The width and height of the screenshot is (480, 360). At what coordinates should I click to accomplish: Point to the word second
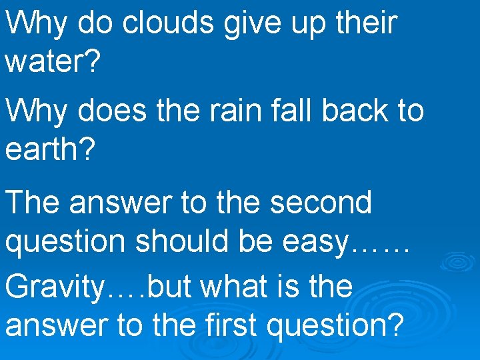click(321, 202)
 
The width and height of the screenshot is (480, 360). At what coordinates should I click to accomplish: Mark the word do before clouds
click(93, 23)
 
